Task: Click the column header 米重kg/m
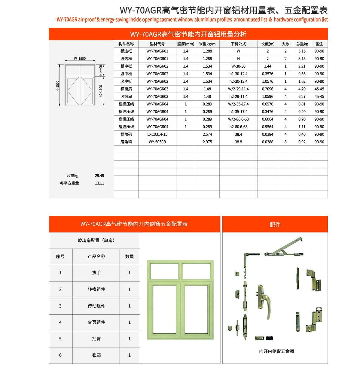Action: point(207,44)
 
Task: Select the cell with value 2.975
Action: point(207,142)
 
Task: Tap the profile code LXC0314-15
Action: point(157,134)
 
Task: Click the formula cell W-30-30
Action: point(238,66)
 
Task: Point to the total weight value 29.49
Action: point(99,176)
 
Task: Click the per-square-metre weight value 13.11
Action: point(99,183)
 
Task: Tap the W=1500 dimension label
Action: point(80,59)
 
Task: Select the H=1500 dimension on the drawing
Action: point(58,86)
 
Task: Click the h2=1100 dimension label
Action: point(101,91)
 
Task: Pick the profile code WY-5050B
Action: point(157,142)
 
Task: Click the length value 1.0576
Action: point(267,81)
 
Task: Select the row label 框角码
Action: point(126,134)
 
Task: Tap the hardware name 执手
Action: point(96,273)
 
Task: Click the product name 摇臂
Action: point(96,339)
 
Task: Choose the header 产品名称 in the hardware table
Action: point(96,256)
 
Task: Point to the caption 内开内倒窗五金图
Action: point(276,351)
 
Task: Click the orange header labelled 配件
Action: point(275,224)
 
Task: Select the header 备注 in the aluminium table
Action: point(319,44)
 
